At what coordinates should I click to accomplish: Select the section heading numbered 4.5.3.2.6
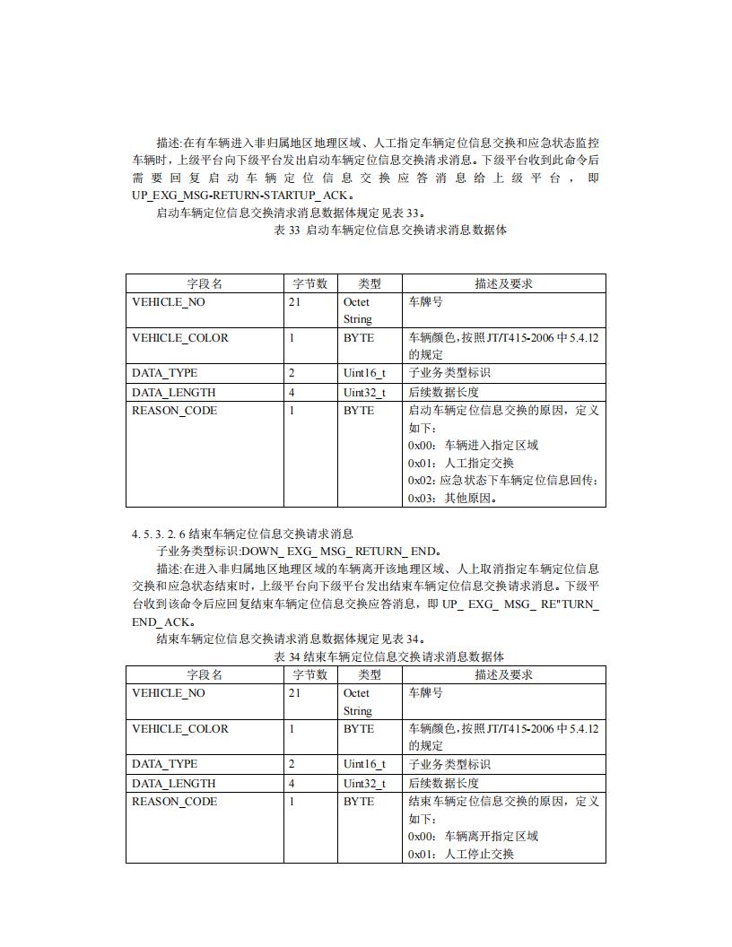(x=242, y=534)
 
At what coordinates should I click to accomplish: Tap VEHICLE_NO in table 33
(x=169, y=302)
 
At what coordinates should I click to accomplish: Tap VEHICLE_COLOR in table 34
(x=180, y=729)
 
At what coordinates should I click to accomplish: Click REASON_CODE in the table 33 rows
(x=174, y=411)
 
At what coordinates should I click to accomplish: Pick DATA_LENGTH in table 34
(x=174, y=783)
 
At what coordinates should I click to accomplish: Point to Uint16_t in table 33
(x=364, y=373)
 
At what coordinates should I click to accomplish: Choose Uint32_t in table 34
(x=364, y=783)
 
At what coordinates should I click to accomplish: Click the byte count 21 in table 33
(x=295, y=302)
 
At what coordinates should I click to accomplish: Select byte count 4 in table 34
(x=292, y=783)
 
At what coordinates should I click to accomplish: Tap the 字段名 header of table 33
(x=205, y=283)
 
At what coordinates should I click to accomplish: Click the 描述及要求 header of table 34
(x=503, y=674)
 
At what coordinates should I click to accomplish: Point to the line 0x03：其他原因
(x=453, y=499)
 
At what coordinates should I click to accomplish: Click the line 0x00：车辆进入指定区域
(x=473, y=446)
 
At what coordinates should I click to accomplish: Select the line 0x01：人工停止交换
(x=461, y=854)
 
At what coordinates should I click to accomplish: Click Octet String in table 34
(x=357, y=701)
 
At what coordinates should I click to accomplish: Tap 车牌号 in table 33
(x=425, y=302)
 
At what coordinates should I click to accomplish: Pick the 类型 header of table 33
(x=370, y=283)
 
